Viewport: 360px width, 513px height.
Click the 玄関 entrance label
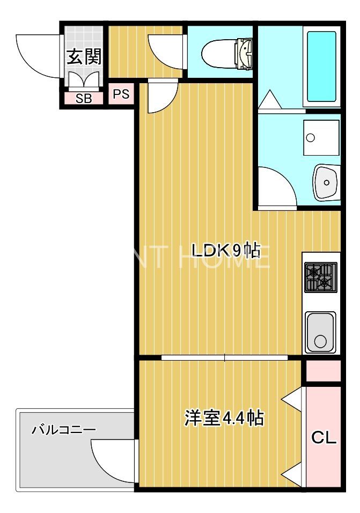tap(84, 56)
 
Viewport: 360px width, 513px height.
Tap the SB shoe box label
tap(83, 99)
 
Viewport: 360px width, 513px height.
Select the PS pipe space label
tap(121, 94)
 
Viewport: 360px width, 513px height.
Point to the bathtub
tap(321, 67)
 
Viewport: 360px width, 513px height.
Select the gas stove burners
tap(320, 277)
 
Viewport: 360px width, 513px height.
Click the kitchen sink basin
tap(320, 332)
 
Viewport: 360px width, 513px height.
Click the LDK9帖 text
tap(226, 250)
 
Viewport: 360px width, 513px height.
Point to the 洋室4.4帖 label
tap(224, 417)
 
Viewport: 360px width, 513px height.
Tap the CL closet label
tap(324, 438)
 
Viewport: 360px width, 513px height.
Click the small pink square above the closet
tap(322, 371)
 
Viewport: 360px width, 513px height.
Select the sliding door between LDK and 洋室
tap(225, 357)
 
